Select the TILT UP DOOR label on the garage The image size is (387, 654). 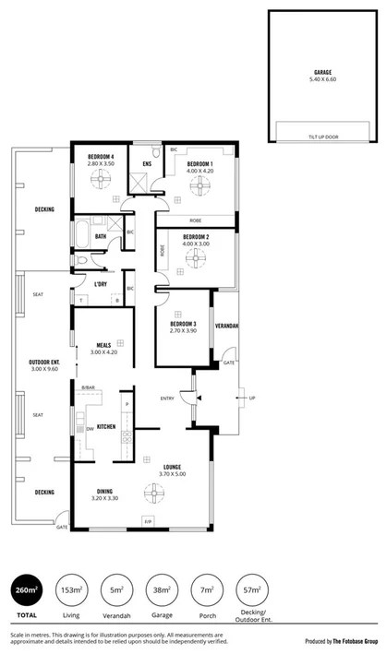pos(322,137)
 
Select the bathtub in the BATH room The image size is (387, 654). pos(81,234)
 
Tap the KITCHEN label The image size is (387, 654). pos(105,427)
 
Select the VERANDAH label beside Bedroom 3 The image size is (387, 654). pos(227,327)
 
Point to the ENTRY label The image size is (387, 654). pos(167,398)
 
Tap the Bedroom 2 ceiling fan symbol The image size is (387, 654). pos(195,260)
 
